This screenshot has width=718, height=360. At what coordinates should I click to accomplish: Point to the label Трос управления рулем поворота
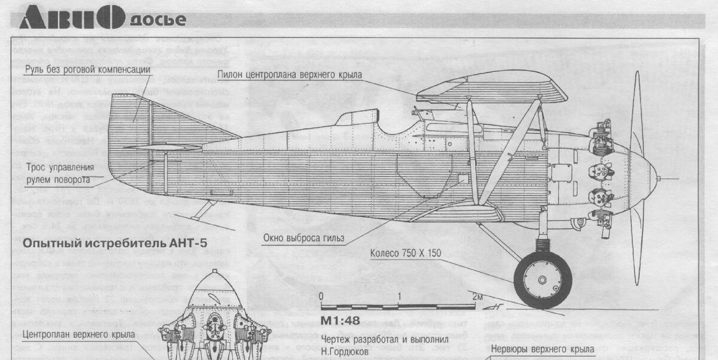pos(60,173)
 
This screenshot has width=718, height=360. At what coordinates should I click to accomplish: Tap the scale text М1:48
pos(340,320)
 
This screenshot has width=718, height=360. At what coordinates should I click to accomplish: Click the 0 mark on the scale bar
pos(321,297)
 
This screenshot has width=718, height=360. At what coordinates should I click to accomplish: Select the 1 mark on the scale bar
pos(399,297)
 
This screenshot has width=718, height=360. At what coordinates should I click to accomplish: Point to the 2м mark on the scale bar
pos(476,297)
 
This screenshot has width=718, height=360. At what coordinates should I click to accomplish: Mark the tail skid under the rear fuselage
pos(203,210)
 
